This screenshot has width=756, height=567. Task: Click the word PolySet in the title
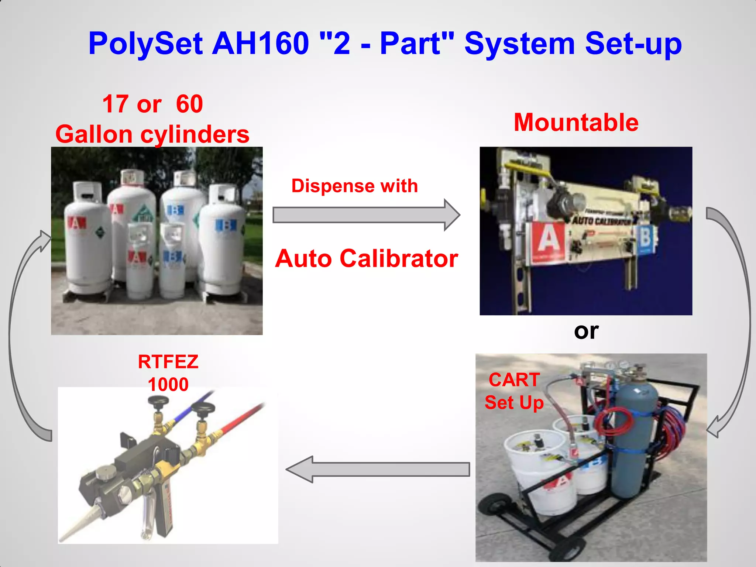point(145,44)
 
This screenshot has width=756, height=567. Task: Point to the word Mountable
point(576,123)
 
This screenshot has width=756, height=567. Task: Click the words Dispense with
point(354,186)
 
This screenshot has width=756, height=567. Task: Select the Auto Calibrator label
point(367,258)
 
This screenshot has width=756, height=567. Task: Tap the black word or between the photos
point(586,331)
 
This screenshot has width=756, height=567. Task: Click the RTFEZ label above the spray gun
point(168,362)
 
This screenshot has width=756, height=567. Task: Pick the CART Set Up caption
point(514,391)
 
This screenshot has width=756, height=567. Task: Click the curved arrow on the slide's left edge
point(18,332)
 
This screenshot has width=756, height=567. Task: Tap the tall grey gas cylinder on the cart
point(634,439)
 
